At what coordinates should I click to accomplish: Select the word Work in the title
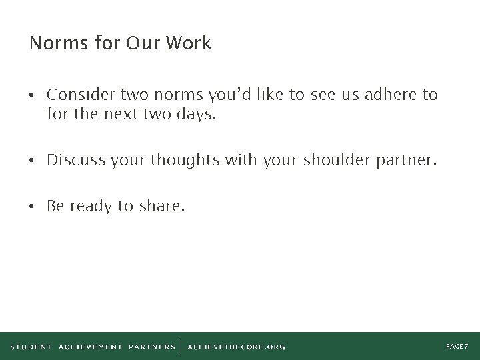189,44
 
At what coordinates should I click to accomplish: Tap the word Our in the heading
143,44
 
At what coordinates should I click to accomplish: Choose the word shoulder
331,161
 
